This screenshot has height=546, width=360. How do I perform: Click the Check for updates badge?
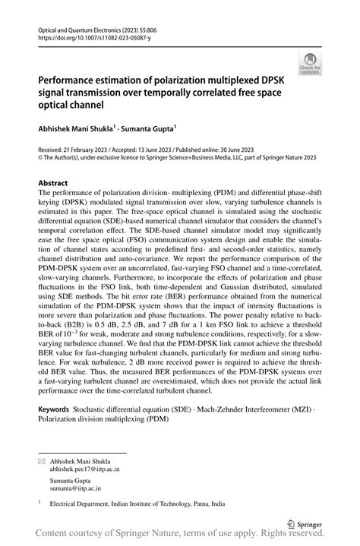click(310, 65)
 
